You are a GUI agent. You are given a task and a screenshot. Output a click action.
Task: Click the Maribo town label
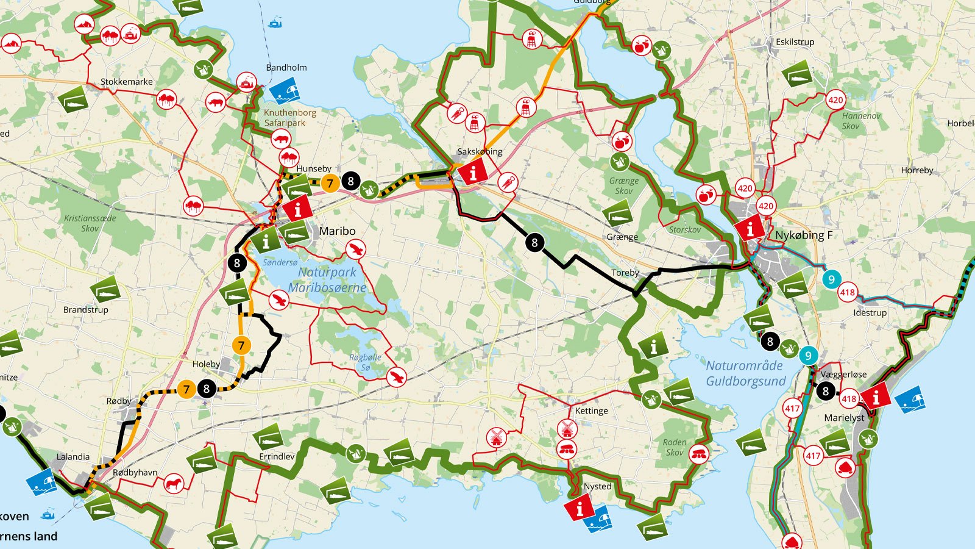coord(337,231)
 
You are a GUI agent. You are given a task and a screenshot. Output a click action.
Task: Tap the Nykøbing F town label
coord(803,235)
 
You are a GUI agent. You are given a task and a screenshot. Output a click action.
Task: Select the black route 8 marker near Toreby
coord(534,243)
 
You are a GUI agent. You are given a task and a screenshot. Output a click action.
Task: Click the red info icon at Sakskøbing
coord(473,171)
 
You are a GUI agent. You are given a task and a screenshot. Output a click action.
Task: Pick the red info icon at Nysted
coord(578,507)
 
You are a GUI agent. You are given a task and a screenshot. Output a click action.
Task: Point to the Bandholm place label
coord(286,68)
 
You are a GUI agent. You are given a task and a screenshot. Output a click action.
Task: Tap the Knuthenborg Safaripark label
coord(289,118)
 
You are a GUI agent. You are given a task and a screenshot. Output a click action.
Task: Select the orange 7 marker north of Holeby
coord(241,346)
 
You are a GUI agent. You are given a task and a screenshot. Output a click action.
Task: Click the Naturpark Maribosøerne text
coord(327,280)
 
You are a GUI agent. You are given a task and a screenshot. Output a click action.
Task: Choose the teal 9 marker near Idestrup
coord(831,280)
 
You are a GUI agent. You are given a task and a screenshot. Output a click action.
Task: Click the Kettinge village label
coord(591,411)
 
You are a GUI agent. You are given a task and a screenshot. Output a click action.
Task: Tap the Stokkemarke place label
coord(127,82)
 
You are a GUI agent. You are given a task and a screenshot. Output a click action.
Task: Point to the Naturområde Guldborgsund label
coord(745,373)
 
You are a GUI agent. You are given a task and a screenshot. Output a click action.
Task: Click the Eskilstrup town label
coord(795,42)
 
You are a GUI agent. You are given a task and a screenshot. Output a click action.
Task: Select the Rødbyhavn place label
coord(135,472)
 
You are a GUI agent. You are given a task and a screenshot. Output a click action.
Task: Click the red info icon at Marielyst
coord(876,397)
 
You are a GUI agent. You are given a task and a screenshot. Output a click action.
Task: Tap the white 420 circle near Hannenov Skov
coord(835,100)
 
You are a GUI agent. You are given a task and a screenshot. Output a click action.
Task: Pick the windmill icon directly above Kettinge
coord(567,428)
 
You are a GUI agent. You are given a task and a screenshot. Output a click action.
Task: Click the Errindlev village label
coord(277,456)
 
